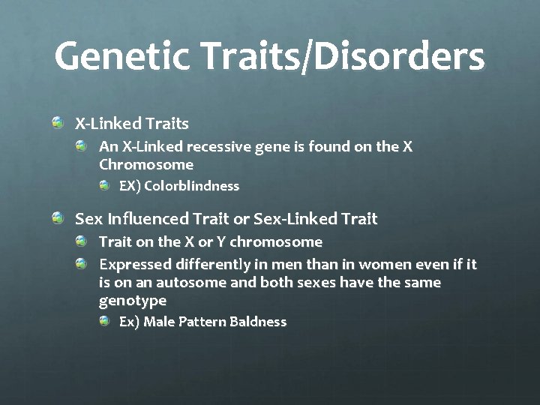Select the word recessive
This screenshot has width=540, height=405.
pos(229,146)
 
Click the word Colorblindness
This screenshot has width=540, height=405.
pos(191,185)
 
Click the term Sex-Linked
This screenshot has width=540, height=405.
pos(292,219)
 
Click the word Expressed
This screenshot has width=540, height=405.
pos(135,265)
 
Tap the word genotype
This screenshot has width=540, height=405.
pos(133,301)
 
